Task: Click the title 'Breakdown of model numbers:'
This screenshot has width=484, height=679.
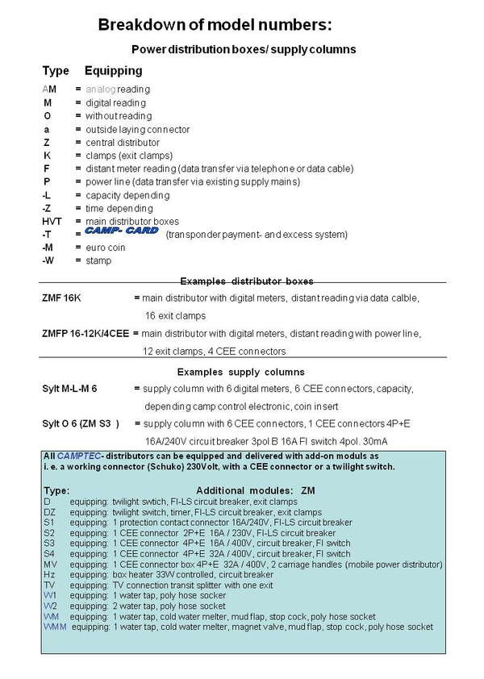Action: tap(214, 25)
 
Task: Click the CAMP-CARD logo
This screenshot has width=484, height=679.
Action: tap(121, 232)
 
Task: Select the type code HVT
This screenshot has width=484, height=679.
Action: tap(52, 221)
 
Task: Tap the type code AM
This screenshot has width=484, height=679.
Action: tap(49, 89)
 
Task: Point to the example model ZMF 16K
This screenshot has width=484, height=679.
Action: tap(61, 298)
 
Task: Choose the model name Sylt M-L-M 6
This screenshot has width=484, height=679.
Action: tap(69, 389)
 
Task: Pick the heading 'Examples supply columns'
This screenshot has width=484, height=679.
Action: tap(240, 372)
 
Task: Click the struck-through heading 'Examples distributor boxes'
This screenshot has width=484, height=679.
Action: tap(246, 281)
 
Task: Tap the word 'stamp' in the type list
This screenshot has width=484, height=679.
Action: tap(98, 260)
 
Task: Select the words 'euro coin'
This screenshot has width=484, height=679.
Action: tap(104, 248)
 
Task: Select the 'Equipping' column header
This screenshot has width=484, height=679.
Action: tap(113, 71)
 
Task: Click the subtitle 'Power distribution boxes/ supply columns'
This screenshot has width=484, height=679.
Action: tap(243, 49)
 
